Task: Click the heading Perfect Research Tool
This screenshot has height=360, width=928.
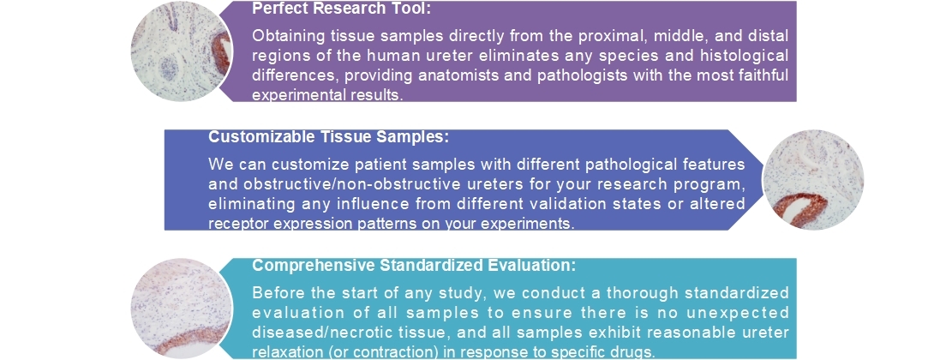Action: (341, 9)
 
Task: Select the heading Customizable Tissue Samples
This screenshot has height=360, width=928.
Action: (329, 137)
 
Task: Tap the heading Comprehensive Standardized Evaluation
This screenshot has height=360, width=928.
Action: (414, 266)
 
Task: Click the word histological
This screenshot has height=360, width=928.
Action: (739, 56)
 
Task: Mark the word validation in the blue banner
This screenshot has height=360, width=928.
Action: (583, 204)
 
